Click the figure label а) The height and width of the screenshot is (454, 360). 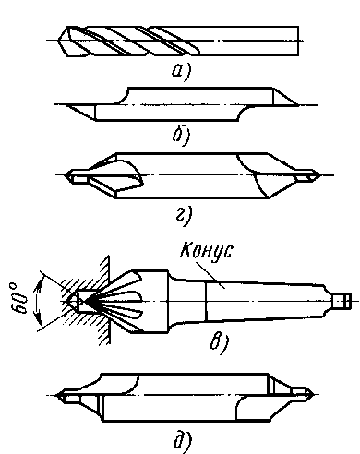(182, 71)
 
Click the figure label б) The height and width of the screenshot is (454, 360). (182, 136)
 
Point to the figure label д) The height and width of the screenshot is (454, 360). (183, 442)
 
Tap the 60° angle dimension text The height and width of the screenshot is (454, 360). (19, 298)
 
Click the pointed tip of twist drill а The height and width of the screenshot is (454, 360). (59, 41)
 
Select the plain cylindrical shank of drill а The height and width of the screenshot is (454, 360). (248, 41)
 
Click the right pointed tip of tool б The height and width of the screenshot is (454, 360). (297, 105)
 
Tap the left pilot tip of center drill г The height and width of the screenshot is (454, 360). (67, 175)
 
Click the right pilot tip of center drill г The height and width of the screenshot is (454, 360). (318, 175)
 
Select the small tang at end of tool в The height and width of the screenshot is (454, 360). (342, 301)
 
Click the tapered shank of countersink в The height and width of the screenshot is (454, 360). (265, 300)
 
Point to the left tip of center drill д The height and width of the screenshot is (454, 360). (56, 395)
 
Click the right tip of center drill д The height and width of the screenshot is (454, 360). (314, 394)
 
